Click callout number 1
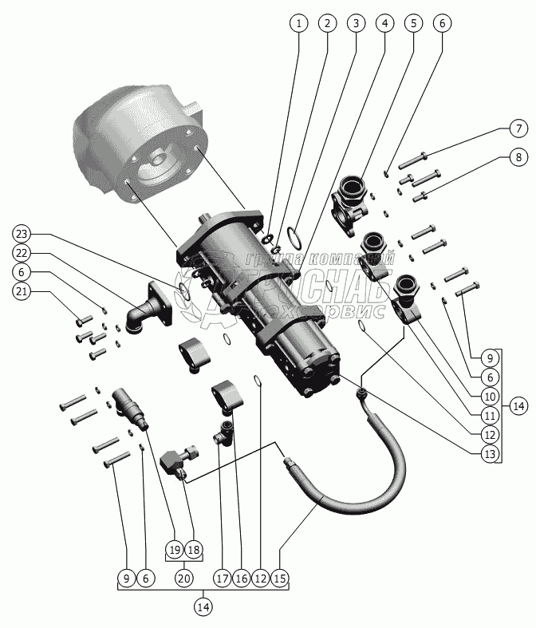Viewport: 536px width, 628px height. point(298,23)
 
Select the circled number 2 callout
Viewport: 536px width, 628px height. point(326,23)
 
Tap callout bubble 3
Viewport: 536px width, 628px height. point(355,23)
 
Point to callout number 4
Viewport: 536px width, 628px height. point(384,23)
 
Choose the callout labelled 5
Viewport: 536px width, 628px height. point(412,23)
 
